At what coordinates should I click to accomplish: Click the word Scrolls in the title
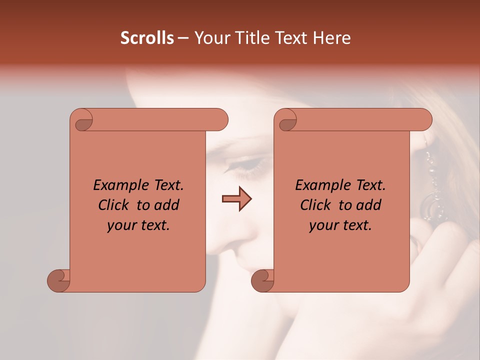coord(147,38)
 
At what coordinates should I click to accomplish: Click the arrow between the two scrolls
coord(236,199)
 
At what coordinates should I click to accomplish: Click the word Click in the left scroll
coord(114,205)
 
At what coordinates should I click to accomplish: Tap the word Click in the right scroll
coord(316,205)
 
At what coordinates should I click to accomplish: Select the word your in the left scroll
coord(120,226)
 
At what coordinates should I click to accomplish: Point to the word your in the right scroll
coord(322,226)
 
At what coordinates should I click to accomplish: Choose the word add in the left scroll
coord(166,205)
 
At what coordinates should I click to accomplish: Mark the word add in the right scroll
coord(368,205)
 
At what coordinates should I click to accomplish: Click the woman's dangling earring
coord(431,190)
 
